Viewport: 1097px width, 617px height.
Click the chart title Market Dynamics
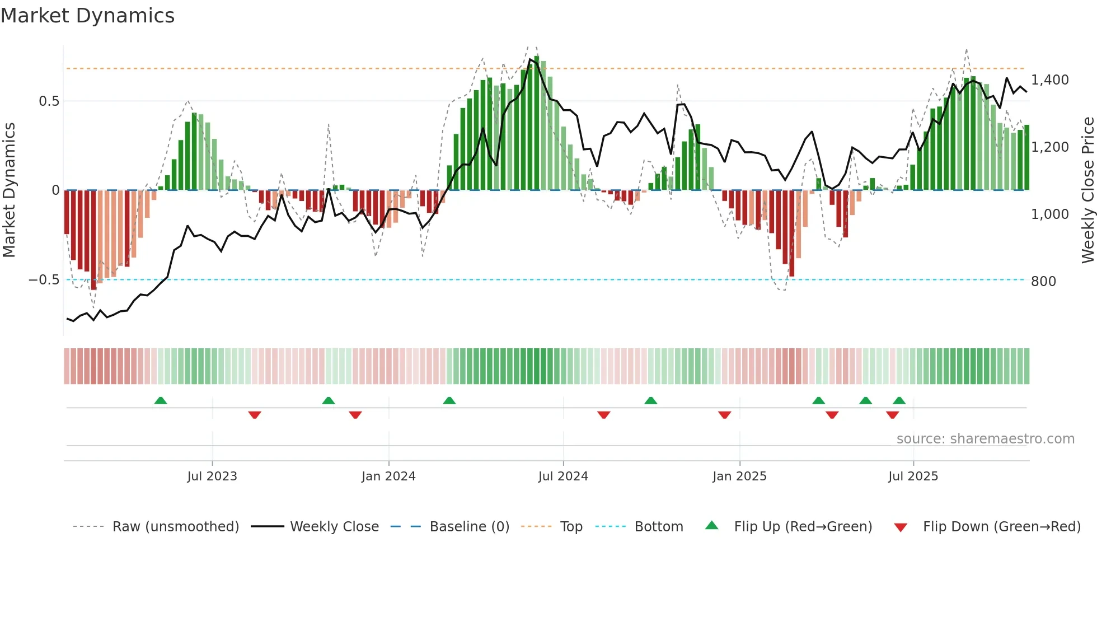(x=88, y=16)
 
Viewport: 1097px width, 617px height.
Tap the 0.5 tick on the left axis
(x=49, y=101)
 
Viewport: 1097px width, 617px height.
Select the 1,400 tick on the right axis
(x=1049, y=80)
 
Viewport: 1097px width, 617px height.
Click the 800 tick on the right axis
(x=1043, y=282)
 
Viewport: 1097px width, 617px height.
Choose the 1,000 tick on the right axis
(x=1049, y=214)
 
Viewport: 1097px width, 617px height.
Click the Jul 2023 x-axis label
(x=212, y=476)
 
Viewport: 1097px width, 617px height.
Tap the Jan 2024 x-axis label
(x=388, y=476)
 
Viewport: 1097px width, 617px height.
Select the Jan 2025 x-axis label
(x=739, y=476)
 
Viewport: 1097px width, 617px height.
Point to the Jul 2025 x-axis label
(x=913, y=476)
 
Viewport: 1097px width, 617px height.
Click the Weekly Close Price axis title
(x=1087, y=190)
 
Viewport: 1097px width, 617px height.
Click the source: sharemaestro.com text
(x=985, y=439)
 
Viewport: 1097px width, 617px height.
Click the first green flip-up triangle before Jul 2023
(x=161, y=401)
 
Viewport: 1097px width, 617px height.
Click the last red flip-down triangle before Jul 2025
(x=892, y=415)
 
